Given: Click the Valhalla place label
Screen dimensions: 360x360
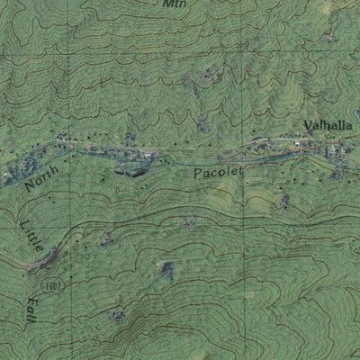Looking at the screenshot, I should tap(322, 125).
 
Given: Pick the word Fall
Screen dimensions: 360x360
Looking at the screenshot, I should tap(35, 311).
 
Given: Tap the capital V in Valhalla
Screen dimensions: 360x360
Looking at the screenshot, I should tap(306, 125).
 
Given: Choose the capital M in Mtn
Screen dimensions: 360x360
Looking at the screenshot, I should tap(166, 4).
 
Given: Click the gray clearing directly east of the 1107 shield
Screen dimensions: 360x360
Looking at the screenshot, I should tap(165, 268).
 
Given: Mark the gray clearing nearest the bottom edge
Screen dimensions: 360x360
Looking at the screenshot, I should tap(117, 316).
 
